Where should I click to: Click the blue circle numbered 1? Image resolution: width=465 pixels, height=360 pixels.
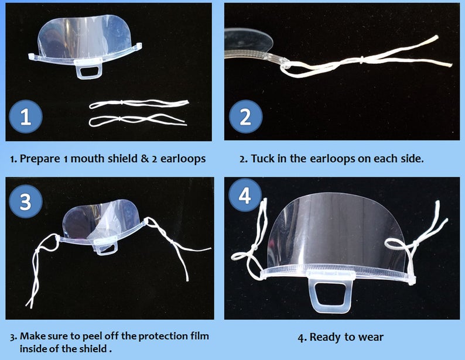tap(26, 116)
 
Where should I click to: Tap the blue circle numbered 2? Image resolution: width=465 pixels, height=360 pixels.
tap(245, 116)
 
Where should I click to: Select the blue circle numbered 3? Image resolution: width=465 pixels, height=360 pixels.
tap(26, 201)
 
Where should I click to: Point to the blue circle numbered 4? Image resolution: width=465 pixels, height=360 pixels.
tap(245, 196)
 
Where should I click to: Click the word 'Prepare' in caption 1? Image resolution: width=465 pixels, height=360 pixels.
tap(40, 159)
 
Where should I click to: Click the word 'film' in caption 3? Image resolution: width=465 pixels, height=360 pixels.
tap(200, 336)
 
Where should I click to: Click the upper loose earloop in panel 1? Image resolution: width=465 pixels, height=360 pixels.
tap(139, 103)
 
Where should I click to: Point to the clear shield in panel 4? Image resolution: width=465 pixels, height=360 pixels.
tap(336, 231)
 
